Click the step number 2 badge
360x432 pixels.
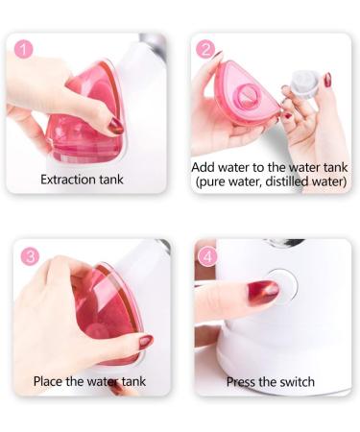(x=205, y=49)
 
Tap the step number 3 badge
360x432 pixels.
(x=31, y=256)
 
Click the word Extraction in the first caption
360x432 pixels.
(x=72, y=180)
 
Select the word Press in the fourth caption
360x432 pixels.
(x=244, y=381)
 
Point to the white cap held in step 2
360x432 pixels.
(x=304, y=83)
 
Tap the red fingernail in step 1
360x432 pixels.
(x=116, y=126)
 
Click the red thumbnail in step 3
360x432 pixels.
(x=145, y=341)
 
